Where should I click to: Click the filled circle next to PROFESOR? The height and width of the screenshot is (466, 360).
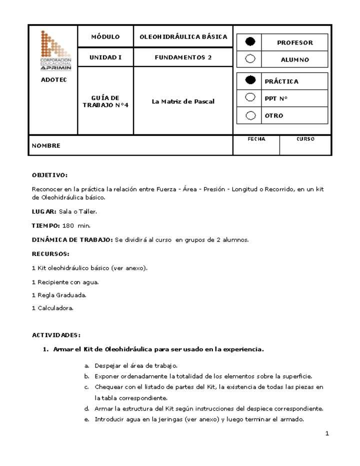[x=250, y=42]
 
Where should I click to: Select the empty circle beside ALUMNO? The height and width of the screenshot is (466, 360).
[x=250, y=59]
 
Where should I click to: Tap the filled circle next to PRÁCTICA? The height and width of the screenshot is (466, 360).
[x=250, y=80]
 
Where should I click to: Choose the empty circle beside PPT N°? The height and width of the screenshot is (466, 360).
[x=250, y=97]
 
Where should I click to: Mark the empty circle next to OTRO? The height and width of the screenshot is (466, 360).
[x=250, y=115]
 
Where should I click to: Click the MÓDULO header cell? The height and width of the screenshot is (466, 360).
[x=105, y=37]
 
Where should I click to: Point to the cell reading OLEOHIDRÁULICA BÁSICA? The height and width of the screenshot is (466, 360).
[x=183, y=37]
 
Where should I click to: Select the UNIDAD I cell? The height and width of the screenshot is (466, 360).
[x=105, y=57]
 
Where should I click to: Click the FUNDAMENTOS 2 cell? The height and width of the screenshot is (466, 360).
[x=183, y=57]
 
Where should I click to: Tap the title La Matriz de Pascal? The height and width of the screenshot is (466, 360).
[x=183, y=101]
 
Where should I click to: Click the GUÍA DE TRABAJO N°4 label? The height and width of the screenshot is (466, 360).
[x=105, y=101]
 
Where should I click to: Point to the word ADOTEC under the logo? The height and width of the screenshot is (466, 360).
[x=53, y=80]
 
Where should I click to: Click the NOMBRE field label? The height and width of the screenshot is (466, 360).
[x=46, y=146]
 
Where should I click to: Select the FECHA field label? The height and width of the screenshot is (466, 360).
[x=256, y=139]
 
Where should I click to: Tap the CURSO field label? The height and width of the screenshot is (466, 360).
[x=305, y=139]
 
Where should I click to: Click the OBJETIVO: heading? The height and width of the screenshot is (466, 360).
[x=49, y=175]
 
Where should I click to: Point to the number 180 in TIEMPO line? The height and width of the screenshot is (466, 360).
[x=68, y=225]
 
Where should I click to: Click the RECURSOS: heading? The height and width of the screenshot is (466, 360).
[x=50, y=254]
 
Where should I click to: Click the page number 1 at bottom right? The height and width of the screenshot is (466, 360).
[x=327, y=433]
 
